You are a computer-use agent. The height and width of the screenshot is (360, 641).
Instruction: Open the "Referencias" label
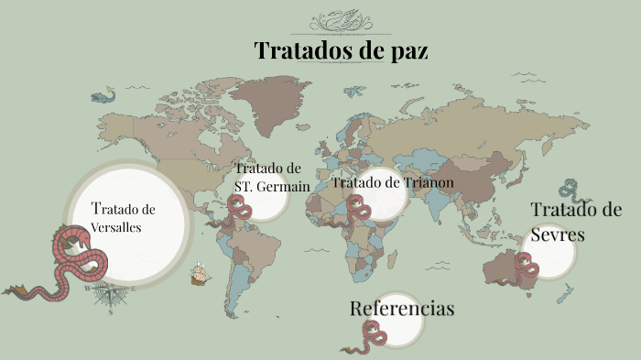coord(402,309)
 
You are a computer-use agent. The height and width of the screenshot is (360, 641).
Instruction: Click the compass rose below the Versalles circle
coord(111,294)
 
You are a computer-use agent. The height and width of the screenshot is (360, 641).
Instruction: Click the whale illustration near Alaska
coord(103,95)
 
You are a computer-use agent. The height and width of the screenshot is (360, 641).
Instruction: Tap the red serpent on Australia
coord(527,270)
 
